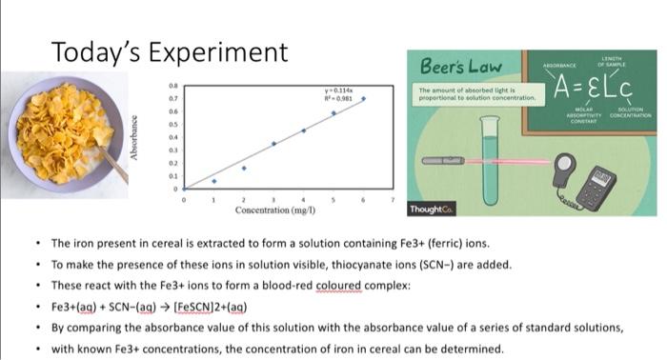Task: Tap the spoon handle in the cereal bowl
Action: pyautogui.click(x=114, y=167)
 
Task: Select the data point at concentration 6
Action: pyautogui.click(x=363, y=98)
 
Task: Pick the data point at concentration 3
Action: pyautogui.click(x=273, y=144)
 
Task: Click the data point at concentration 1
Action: pyautogui.click(x=213, y=180)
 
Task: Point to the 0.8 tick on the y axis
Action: pyautogui.click(x=172, y=85)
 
